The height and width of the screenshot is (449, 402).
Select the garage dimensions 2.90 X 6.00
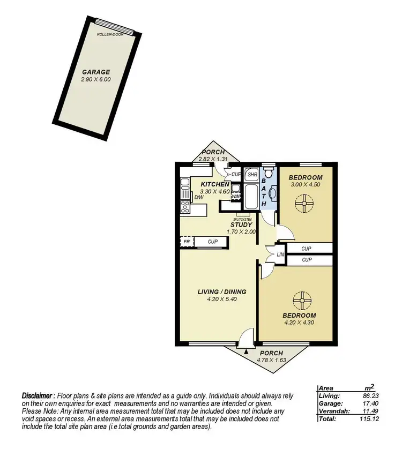[95, 79]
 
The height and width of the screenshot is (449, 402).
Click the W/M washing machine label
[235, 196]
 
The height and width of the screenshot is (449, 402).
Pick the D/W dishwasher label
[199, 198]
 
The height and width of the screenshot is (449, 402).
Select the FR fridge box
[187, 242]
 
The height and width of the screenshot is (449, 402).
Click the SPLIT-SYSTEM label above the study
[242, 219]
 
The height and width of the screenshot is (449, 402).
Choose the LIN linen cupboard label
[280, 255]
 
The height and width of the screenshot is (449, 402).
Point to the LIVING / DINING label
[222, 292]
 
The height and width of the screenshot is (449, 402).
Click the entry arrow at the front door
[245, 351]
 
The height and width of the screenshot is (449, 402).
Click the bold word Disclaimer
[38, 395]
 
